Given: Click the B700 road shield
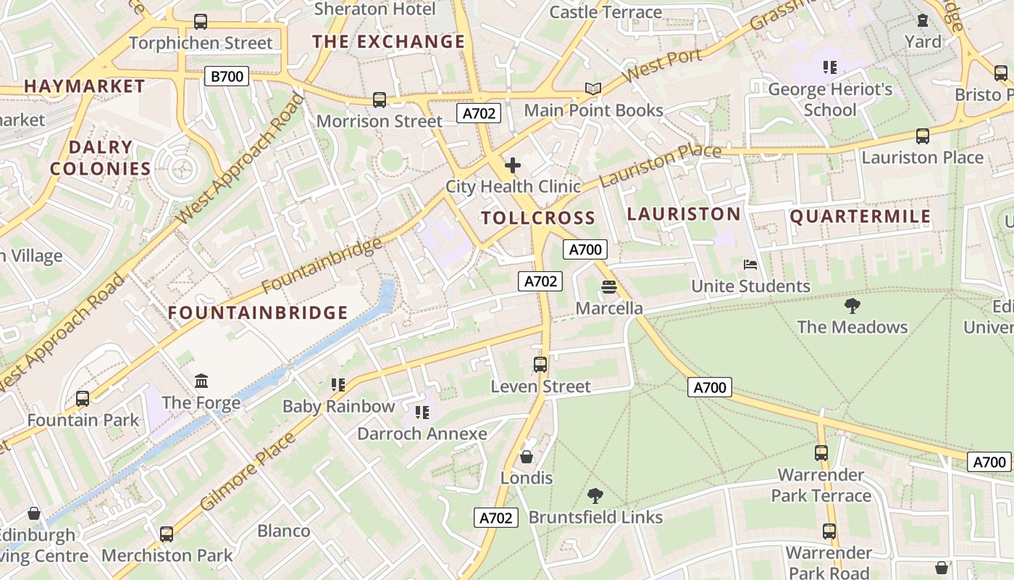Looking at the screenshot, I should click(226, 76).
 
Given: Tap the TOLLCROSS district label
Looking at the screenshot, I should click(538, 217).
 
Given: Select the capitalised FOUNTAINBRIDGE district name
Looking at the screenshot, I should click(259, 312).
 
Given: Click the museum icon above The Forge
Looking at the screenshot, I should click(201, 381).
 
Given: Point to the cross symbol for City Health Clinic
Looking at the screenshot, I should click(513, 165).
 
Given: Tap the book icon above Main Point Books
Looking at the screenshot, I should click(593, 88).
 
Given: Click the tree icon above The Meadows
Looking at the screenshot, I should click(852, 305).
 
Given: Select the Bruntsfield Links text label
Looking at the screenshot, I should click(595, 517).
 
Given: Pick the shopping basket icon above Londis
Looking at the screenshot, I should click(527, 457).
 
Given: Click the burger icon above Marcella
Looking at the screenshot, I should click(608, 287).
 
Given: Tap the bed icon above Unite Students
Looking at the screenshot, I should click(750, 265).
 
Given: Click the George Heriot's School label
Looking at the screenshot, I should click(830, 100).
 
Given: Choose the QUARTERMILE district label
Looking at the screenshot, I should click(860, 217).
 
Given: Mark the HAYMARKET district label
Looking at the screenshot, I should click(85, 86).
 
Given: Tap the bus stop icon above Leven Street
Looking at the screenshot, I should click(540, 365).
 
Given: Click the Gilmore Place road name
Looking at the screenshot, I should click(248, 471).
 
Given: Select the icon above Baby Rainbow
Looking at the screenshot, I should click(338, 384).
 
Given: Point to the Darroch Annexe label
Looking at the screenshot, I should click(422, 434).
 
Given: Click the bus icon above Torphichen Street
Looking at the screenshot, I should click(201, 22).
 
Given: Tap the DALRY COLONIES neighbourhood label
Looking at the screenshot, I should click(101, 158).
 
